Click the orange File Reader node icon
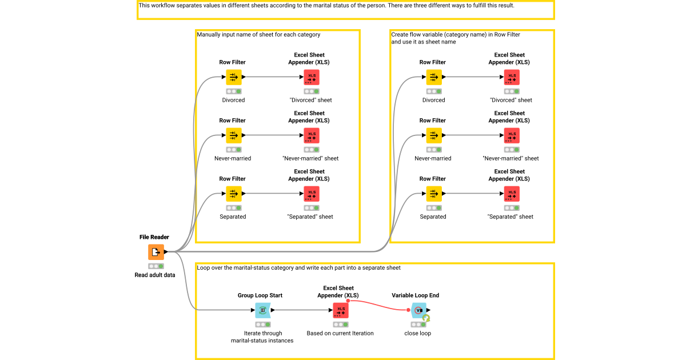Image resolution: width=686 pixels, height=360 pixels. [155, 252]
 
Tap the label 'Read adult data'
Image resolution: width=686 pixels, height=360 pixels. [155, 275]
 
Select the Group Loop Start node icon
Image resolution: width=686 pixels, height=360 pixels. [263, 310]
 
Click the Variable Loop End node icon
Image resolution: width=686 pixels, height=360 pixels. [419, 310]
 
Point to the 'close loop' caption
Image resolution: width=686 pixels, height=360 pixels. [418, 333]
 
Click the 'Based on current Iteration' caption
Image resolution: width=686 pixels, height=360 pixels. [340, 333]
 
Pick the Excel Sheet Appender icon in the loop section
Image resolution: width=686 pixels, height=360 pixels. [341, 310]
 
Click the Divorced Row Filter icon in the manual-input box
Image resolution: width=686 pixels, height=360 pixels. [233, 77]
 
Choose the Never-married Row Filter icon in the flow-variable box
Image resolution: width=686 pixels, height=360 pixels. [433, 135]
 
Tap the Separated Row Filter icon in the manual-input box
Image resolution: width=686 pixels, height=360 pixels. [233, 194]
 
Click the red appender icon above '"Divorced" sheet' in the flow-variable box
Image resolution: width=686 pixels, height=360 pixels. [512, 77]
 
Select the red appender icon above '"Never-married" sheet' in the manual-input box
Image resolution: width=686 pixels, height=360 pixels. [312, 135]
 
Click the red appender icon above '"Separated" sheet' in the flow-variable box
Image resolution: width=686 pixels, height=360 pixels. [512, 194]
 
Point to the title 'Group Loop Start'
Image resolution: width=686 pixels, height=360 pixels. [260, 295]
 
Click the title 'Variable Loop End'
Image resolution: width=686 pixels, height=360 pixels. [416, 295]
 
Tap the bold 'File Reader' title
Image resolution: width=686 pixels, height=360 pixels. [155, 237]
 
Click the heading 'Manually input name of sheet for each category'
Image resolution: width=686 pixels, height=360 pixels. [258, 35]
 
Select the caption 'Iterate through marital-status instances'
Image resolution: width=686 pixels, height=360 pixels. [263, 337]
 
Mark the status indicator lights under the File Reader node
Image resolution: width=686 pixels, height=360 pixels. [155, 266]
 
